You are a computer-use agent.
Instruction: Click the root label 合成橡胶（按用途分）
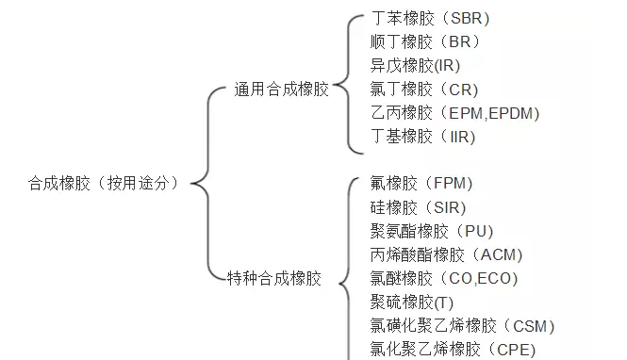[x=103, y=184]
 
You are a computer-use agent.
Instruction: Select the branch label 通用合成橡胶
[x=282, y=90]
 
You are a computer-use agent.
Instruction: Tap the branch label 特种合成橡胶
[x=274, y=278]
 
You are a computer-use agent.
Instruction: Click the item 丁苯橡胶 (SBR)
[x=430, y=18]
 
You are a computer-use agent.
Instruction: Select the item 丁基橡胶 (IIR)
[x=423, y=137]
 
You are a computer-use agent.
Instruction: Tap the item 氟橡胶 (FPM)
[x=421, y=183]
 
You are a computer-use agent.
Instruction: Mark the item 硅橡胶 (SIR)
[x=419, y=207]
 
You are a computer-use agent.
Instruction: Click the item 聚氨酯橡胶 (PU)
[x=432, y=231]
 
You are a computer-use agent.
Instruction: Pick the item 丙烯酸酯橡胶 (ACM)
[x=447, y=254]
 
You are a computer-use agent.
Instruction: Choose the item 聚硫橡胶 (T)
[x=413, y=302]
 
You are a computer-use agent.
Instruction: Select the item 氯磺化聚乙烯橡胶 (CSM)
[x=463, y=326]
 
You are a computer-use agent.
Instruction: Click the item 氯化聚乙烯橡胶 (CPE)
[x=454, y=350]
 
